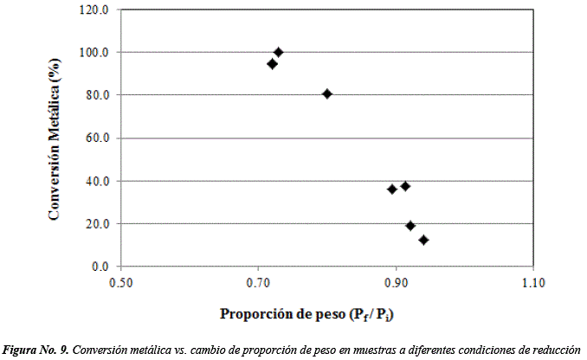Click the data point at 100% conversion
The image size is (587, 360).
click(279, 52)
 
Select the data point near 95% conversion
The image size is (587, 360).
click(272, 64)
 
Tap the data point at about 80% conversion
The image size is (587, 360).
click(327, 93)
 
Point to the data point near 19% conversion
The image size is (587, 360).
click(410, 226)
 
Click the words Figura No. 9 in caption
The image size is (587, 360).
click(35, 350)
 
